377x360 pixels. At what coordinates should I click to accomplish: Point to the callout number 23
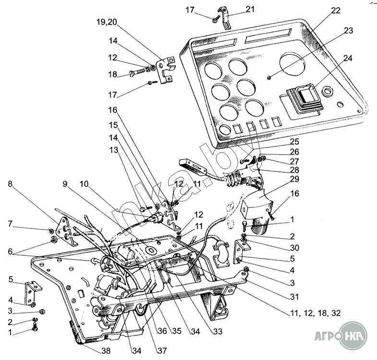tap(348, 30)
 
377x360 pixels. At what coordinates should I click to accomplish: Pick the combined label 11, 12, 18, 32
tap(315, 312)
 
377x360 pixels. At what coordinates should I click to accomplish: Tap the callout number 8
tap(11, 183)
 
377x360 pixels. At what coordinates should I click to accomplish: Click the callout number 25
tap(294, 143)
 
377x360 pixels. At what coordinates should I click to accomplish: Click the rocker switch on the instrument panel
tap(304, 95)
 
